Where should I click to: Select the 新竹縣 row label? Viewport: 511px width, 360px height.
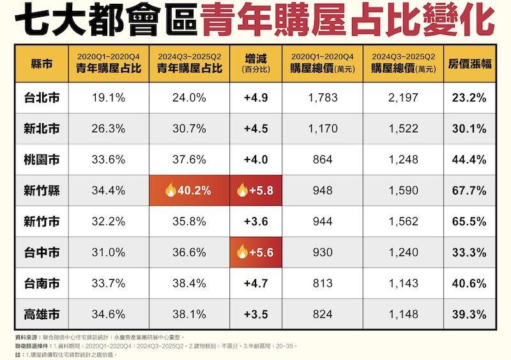tap(41, 190)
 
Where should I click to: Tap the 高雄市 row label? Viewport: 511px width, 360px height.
tap(41, 314)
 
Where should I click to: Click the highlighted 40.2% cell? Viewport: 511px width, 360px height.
tap(189, 190)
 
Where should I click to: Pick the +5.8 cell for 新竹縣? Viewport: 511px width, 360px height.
tap(256, 190)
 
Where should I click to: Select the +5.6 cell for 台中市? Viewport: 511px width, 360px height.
tap(256, 252)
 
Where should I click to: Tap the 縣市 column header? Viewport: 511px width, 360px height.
tap(41, 64)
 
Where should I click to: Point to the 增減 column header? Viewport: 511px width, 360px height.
tap(256, 64)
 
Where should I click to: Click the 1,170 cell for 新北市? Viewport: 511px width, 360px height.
tap(322, 129)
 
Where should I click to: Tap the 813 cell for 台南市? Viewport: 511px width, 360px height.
tap(322, 283)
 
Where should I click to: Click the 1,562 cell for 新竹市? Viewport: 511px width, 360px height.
tap(403, 221)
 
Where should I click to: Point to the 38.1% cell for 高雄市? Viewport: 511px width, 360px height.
tap(189, 314)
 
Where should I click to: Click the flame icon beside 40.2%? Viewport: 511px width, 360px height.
tap(170, 190)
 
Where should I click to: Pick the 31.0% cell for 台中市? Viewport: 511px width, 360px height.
tap(108, 252)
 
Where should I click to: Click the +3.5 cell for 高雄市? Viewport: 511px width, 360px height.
tap(256, 314)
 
